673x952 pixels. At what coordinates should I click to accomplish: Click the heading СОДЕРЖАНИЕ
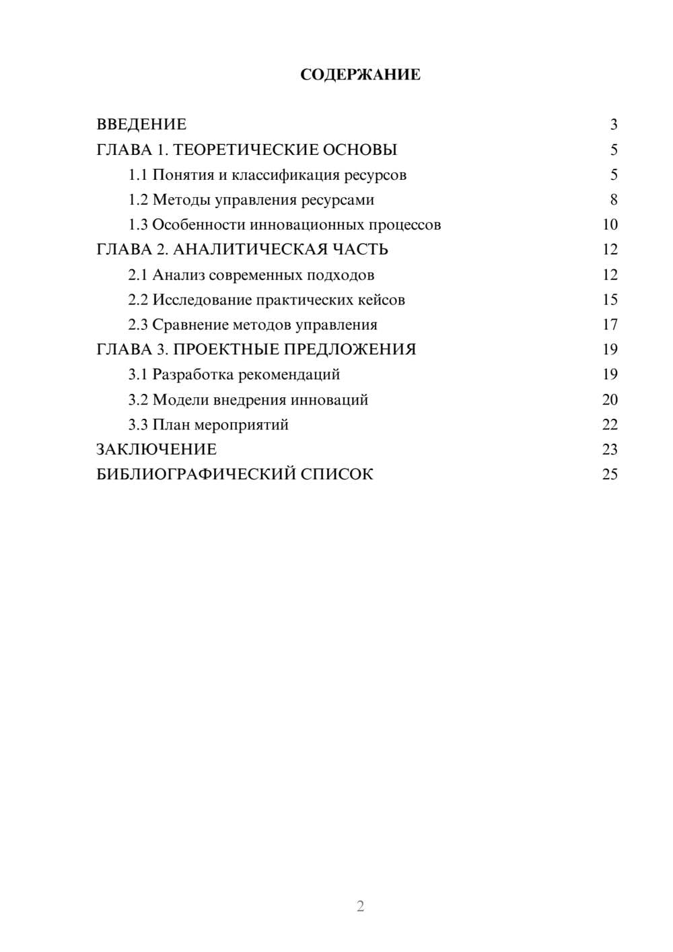tap(360, 75)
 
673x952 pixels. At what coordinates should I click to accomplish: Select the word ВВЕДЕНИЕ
tap(141, 125)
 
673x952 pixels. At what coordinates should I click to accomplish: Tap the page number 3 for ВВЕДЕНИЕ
tap(613, 125)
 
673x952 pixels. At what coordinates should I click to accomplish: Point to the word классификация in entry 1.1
tap(285, 175)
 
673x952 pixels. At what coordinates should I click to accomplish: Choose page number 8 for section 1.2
tap(613, 200)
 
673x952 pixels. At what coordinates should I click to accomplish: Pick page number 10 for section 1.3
tap(610, 225)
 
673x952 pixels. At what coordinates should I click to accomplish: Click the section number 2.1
tap(138, 275)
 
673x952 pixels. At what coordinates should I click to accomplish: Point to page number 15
tap(610, 300)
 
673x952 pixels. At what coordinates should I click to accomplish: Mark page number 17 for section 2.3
tap(610, 325)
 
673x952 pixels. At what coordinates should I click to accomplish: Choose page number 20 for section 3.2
tap(610, 400)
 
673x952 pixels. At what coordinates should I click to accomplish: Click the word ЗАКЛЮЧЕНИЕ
tap(156, 450)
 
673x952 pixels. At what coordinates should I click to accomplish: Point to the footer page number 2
tap(360, 906)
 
